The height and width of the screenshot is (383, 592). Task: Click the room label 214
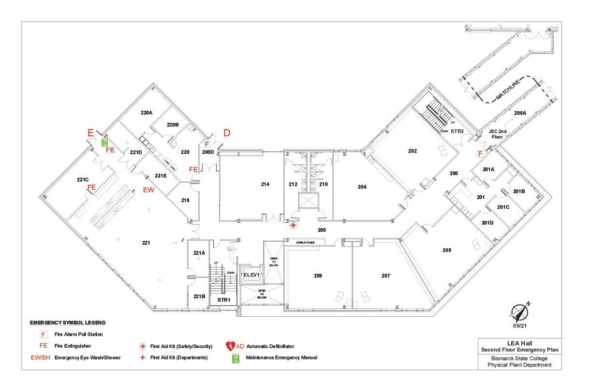click(265, 184)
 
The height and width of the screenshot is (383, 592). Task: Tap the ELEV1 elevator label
click(252, 275)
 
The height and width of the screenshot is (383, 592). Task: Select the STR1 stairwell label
click(223, 300)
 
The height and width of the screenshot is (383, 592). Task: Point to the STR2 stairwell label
click(458, 131)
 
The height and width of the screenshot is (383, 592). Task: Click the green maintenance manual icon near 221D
click(104, 142)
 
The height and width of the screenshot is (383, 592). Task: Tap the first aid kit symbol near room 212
click(293, 225)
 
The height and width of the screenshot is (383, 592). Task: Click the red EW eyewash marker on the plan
click(148, 191)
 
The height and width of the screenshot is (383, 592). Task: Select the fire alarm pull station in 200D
click(207, 144)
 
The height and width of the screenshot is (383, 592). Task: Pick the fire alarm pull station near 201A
click(480, 154)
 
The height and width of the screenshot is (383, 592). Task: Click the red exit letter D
click(226, 133)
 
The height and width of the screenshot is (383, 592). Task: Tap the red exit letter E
click(90, 133)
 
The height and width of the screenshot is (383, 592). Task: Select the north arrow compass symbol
click(520, 312)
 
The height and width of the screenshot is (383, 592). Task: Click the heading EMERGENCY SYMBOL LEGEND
click(68, 323)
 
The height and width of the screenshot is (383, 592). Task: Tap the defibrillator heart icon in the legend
click(230, 346)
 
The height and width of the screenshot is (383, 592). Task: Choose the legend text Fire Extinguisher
click(73, 346)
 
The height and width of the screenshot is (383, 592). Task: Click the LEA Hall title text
click(520, 343)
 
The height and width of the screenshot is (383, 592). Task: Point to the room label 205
click(446, 250)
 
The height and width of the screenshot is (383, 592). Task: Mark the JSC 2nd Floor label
click(498, 134)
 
